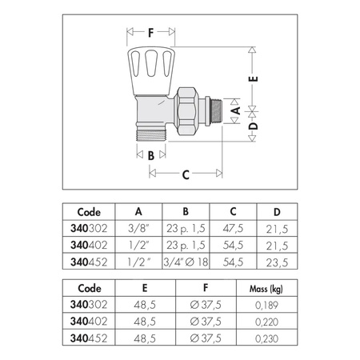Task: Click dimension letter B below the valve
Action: [150, 155]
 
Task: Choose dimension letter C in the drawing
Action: [186, 174]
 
